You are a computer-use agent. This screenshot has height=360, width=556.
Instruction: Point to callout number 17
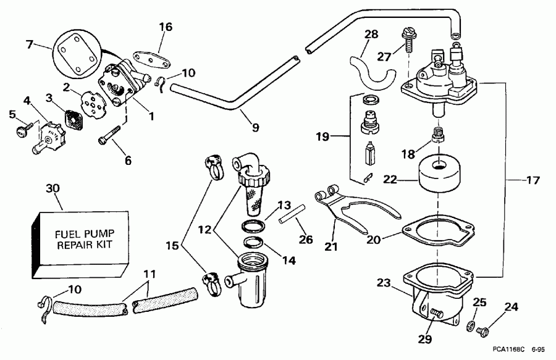pos(533,181)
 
